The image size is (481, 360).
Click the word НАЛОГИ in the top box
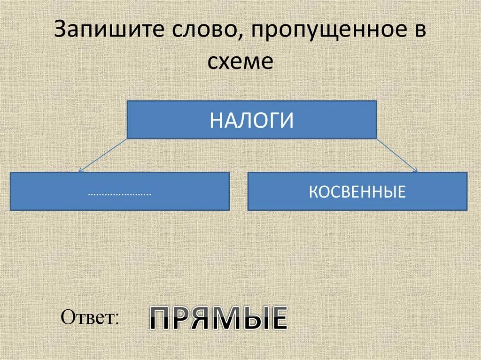(x=252, y=120)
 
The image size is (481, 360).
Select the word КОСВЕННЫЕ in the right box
(x=357, y=191)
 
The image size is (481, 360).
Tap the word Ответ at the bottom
(x=88, y=318)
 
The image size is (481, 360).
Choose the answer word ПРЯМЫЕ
(x=218, y=319)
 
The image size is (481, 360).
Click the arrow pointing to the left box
(x=103, y=155)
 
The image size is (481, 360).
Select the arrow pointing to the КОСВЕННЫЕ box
(x=397, y=155)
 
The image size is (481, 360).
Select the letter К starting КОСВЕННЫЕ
(x=312, y=191)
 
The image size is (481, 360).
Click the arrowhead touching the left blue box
(x=80, y=170)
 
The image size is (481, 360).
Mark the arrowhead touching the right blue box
(x=415, y=170)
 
